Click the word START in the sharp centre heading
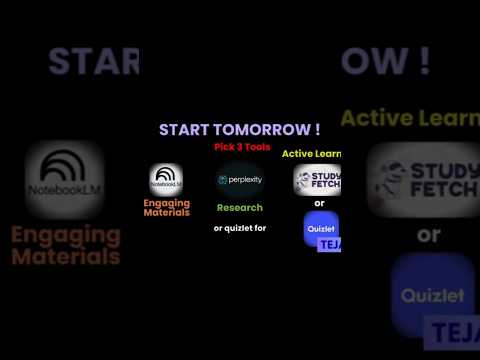[x=187, y=130]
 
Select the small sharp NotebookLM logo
[x=165, y=179]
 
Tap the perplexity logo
[x=240, y=179]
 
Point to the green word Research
[x=240, y=208]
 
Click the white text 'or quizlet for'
[x=240, y=228]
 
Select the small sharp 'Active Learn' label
[x=311, y=154]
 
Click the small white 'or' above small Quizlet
[x=320, y=203]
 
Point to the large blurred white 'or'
[x=429, y=236]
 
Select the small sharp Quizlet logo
[x=320, y=227]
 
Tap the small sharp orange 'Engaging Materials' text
[x=166, y=207]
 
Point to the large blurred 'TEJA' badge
[x=456, y=331]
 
